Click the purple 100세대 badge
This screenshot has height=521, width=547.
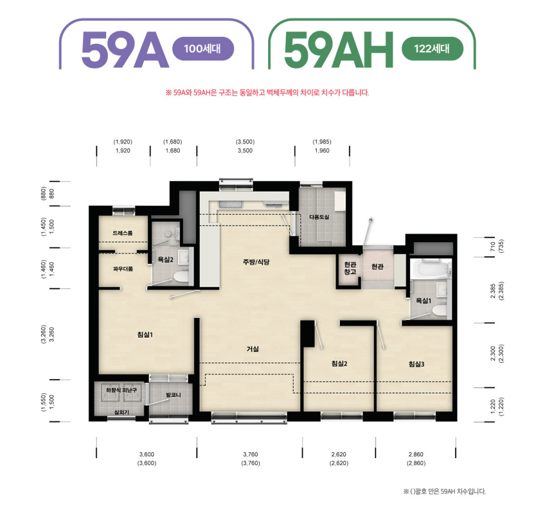(x=203, y=49)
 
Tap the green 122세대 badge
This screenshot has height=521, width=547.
(x=432, y=49)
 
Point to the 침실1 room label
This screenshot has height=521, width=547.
(x=145, y=335)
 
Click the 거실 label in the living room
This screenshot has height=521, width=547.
(x=253, y=348)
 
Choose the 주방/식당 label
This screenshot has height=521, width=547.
(x=256, y=262)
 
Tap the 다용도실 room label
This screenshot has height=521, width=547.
(x=319, y=217)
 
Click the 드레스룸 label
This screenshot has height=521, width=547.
(x=122, y=233)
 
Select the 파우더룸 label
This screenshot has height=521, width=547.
(x=123, y=269)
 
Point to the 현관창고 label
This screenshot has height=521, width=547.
(x=350, y=268)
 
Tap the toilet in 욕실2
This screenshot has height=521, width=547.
(x=181, y=277)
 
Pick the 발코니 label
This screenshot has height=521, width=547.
(x=173, y=395)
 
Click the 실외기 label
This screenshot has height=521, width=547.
(x=122, y=412)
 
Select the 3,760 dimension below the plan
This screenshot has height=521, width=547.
(x=250, y=455)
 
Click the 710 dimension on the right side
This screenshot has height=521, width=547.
(x=492, y=247)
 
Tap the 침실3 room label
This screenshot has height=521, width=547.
(x=416, y=364)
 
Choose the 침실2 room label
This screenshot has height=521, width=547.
(x=339, y=364)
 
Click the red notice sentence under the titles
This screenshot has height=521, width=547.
(x=267, y=93)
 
